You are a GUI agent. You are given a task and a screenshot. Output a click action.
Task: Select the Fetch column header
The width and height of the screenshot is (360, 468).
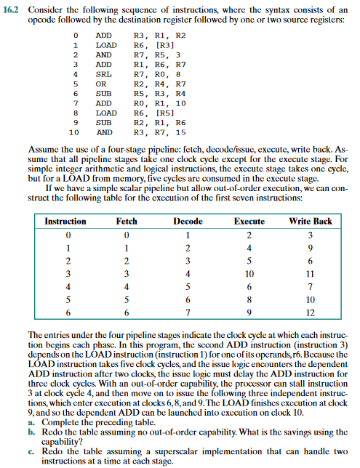click(x=127, y=221)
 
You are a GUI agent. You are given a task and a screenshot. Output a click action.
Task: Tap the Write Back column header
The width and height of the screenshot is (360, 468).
click(x=310, y=221)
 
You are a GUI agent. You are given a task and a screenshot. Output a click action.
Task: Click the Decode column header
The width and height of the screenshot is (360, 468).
click(x=188, y=221)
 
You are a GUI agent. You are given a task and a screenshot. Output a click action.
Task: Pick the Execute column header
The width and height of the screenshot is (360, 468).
click(x=249, y=221)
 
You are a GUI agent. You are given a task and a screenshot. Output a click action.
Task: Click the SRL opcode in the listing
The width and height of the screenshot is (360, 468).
click(x=104, y=74)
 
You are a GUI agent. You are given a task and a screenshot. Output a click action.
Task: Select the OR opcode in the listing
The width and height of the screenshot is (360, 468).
click(x=101, y=84)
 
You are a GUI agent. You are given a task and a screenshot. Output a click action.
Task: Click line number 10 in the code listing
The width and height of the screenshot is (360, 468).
click(x=73, y=133)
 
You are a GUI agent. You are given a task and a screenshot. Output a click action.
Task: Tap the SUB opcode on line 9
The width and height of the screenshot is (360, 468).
click(x=104, y=123)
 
